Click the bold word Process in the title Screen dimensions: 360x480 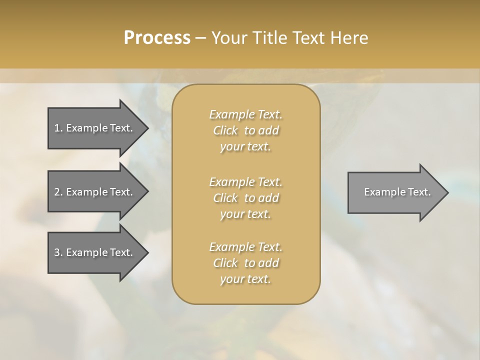click(157, 38)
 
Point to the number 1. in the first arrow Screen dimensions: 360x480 click(58, 128)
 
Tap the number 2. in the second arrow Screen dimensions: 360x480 click(58, 192)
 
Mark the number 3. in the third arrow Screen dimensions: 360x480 click(58, 252)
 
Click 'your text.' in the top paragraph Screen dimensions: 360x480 click(245, 147)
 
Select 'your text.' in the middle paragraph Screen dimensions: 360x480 click(245, 214)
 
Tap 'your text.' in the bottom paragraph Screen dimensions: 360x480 click(245, 279)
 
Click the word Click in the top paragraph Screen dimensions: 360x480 click(225, 131)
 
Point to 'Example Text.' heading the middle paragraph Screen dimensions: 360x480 click(245, 182)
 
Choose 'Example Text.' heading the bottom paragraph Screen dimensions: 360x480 click(245, 247)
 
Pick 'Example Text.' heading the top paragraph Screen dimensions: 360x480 click(245, 115)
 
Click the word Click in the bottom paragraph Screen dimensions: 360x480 click(225, 263)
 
